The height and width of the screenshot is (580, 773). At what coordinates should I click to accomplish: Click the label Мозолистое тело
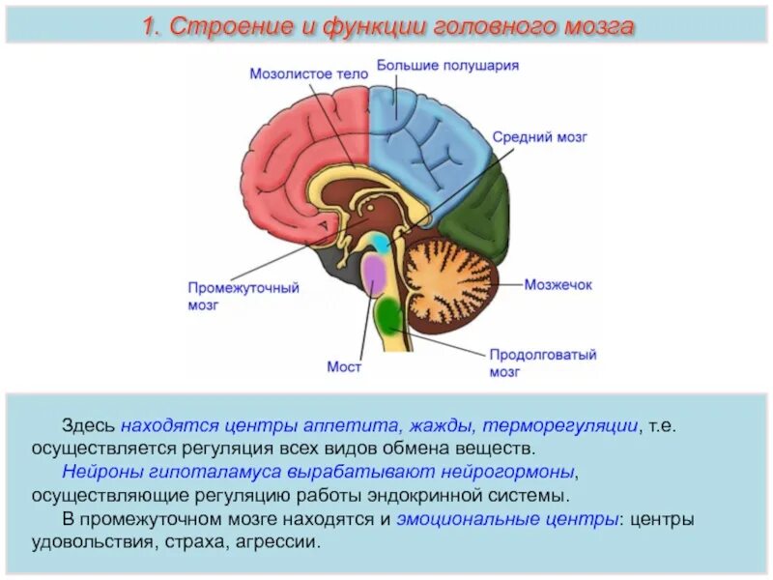click(x=309, y=72)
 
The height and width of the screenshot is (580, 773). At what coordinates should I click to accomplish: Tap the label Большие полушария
click(x=448, y=66)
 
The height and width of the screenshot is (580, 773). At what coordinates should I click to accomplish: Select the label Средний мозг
click(x=540, y=137)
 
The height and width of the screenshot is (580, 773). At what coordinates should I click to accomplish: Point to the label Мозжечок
click(x=558, y=285)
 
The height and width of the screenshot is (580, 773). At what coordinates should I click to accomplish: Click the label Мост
click(x=343, y=367)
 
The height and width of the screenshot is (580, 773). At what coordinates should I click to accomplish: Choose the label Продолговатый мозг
click(x=542, y=362)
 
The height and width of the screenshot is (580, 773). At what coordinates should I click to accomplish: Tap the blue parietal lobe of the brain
click(x=425, y=145)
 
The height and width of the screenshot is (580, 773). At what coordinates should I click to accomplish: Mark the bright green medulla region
click(x=390, y=313)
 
